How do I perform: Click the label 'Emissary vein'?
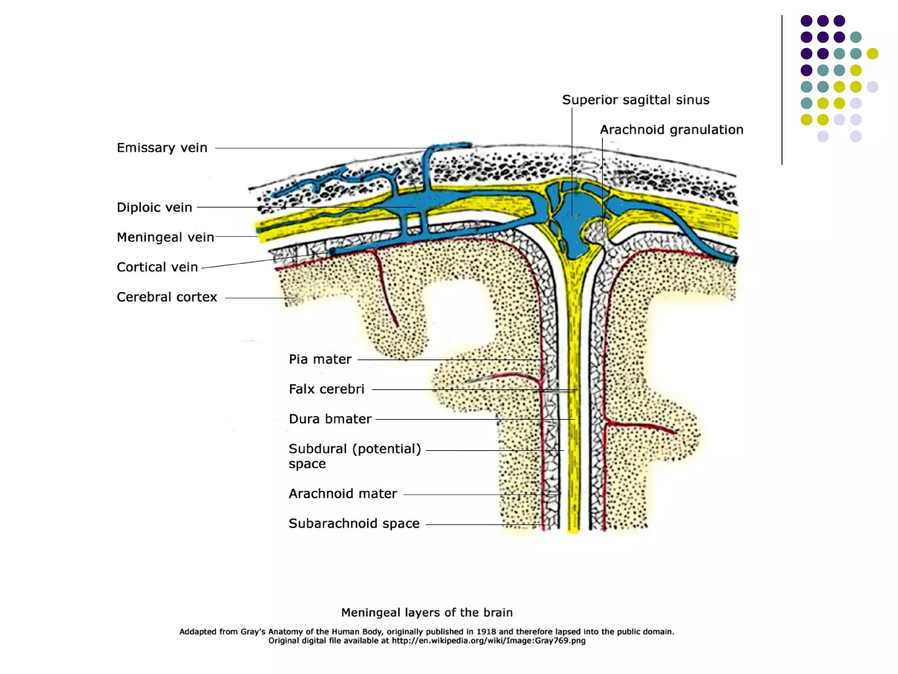162,148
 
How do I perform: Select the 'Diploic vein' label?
154,208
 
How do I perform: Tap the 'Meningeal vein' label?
165,237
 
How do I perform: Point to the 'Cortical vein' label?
157,267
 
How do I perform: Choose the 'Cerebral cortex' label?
167,297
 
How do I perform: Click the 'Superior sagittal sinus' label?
635,100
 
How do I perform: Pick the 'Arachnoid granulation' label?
671,130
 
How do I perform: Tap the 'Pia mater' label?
320,359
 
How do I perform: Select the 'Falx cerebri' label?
326,389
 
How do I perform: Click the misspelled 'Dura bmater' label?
330,419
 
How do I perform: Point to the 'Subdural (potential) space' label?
354,456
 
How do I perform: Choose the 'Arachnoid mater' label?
342,494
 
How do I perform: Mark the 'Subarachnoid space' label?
354,523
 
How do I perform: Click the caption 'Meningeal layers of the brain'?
427,613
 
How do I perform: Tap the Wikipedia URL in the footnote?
488,641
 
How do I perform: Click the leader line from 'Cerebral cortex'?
259,298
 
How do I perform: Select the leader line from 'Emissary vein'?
320,148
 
